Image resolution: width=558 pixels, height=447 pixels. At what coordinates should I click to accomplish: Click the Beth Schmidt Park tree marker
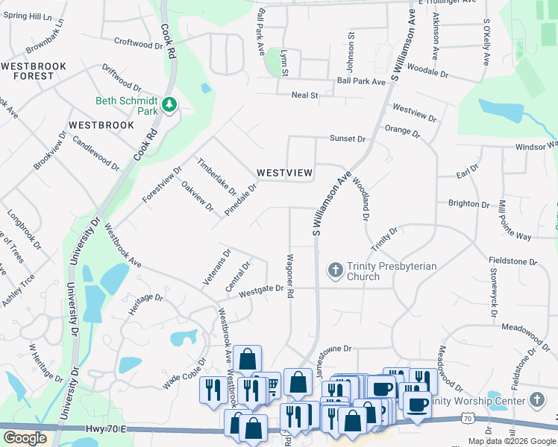(x=169, y=105)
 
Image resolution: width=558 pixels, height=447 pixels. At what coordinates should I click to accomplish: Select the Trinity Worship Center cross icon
(x=536, y=400)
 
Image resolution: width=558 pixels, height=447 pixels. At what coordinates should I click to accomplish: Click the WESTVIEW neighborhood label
(x=284, y=173)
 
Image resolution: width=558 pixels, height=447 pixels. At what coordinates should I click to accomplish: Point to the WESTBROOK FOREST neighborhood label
(x=34, y=71)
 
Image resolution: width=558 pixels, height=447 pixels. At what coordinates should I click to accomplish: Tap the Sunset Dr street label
(x=348, y=139)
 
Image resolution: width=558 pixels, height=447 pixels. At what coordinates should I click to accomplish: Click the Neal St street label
(x=304, y=95)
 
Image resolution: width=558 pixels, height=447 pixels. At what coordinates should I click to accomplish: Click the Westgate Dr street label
(x=261, y=291)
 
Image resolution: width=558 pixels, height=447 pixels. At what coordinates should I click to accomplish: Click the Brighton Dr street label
(x=468, y=203)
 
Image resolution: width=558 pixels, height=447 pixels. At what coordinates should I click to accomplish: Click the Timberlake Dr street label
(x=216, y=177)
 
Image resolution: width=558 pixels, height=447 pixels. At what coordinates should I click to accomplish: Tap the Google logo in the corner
(x=25, y=438)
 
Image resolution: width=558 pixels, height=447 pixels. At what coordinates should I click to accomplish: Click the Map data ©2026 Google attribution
(x=511, y=441)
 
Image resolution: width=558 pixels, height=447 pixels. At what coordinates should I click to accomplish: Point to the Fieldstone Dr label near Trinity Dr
(x=512, y=261)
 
